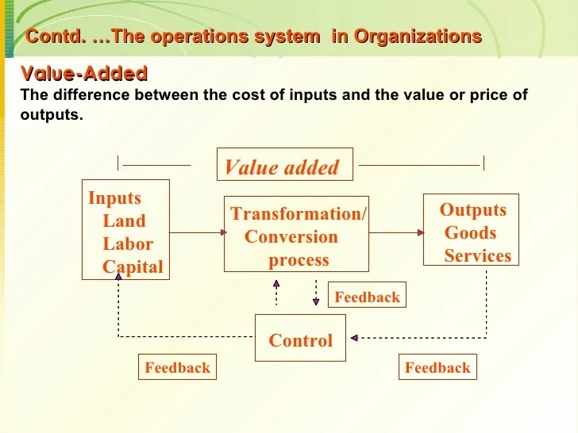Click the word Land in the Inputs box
124,221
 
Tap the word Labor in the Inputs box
127,244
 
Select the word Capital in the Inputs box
133,267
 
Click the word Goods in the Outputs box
470,233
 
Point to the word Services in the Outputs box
477,256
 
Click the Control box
300,338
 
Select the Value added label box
282,167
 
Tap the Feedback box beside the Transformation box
367,297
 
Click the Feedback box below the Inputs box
177,367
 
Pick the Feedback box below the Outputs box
437,367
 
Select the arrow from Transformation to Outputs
396,232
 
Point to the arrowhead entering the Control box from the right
353,338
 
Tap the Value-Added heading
83,75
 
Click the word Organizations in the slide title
418,36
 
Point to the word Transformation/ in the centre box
298,214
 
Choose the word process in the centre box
299,260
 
